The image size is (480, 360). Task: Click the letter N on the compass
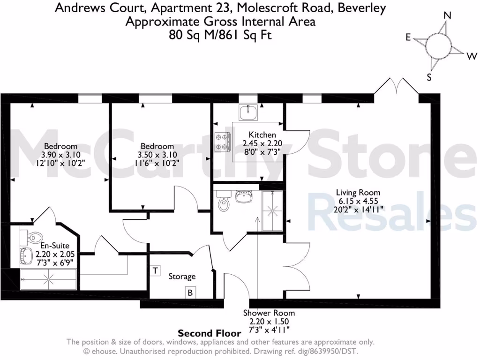[447, 15]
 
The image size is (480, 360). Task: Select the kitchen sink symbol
[248, 112]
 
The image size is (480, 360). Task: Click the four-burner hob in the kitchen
[223, 142]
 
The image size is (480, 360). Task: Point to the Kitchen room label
[259, 135]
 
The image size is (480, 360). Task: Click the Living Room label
[358, 192]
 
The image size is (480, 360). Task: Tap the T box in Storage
[155, 270]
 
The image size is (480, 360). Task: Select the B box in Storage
[190, 293]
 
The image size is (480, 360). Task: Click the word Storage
[182, 277]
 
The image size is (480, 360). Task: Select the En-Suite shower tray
[48, 279]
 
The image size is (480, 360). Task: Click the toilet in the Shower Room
[224, 202]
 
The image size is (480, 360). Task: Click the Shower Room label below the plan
[269, 313]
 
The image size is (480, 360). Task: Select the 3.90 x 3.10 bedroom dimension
[60, 154]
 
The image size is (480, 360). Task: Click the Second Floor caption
[210, 333]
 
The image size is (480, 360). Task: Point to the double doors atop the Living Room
[396, 86]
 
